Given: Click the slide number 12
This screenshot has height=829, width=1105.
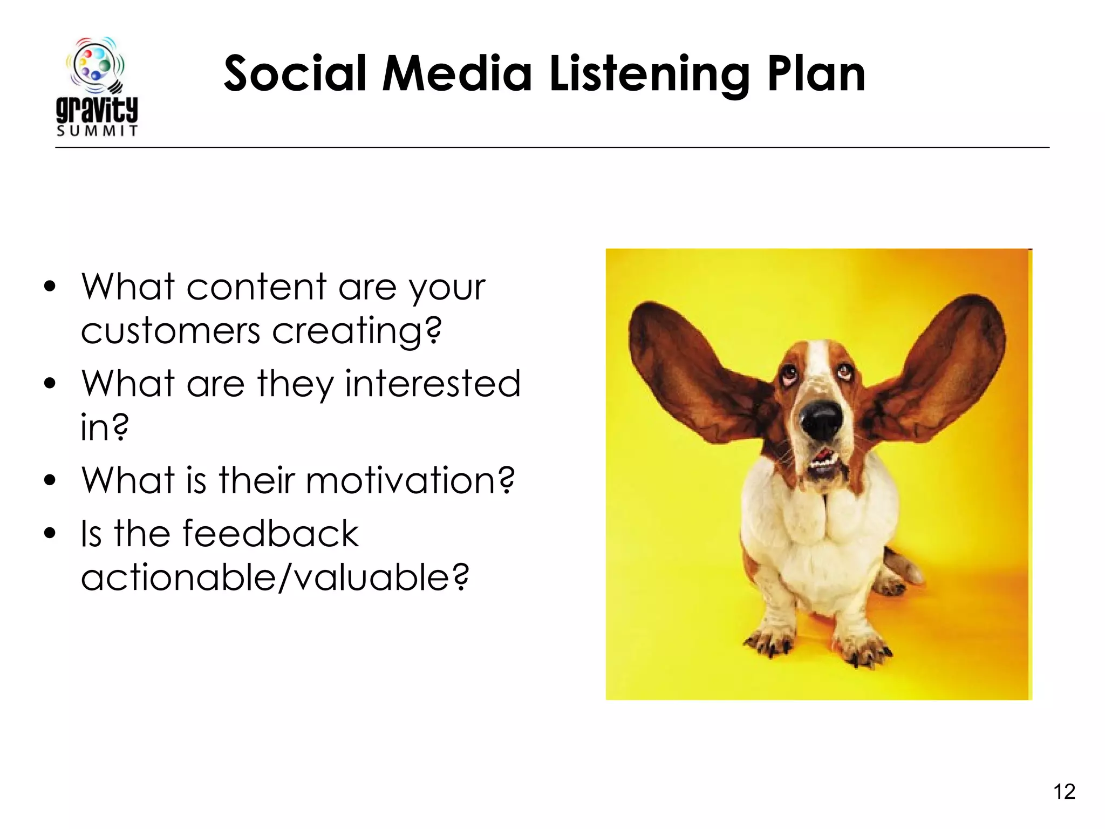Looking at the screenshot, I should tap(1064, 792).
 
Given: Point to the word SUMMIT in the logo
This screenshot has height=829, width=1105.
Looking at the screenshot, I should tap(97, 131).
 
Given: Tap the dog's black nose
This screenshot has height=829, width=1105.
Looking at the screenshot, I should tap(821, 420).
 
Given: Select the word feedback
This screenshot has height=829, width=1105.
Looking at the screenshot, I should tap(270, 534).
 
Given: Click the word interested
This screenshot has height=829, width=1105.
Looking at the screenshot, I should tap(432, 384).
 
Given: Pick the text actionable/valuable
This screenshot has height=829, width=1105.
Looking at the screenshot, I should tap(275, 577).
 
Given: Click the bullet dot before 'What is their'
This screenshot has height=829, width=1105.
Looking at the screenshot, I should tap(50, 480).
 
